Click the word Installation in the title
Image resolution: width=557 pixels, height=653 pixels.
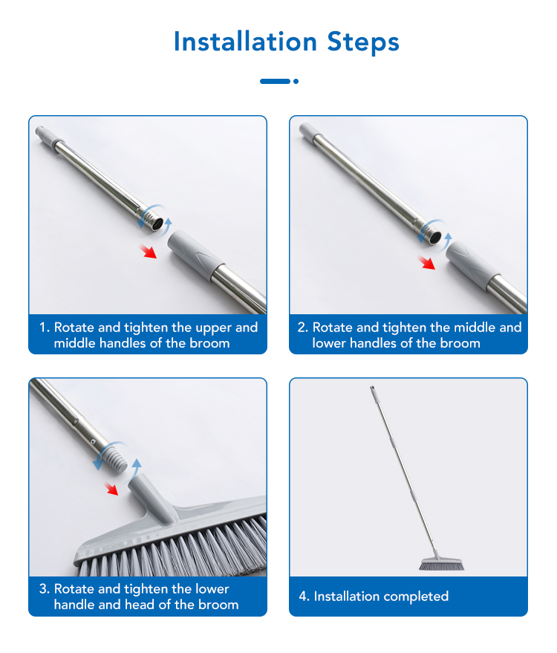coord(245,42)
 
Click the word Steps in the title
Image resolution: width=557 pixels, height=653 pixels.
coord(363,43)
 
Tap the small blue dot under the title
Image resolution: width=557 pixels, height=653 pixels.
coord(296,81)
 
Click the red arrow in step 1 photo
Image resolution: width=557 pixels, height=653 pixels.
coord(148,252)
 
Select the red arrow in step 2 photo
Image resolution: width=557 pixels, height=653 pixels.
coord(426,263)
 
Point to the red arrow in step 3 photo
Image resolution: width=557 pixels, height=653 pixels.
coord(111,489)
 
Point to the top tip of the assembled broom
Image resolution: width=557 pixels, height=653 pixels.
coord(372,387)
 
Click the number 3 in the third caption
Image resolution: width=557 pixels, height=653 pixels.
coord(43,589)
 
